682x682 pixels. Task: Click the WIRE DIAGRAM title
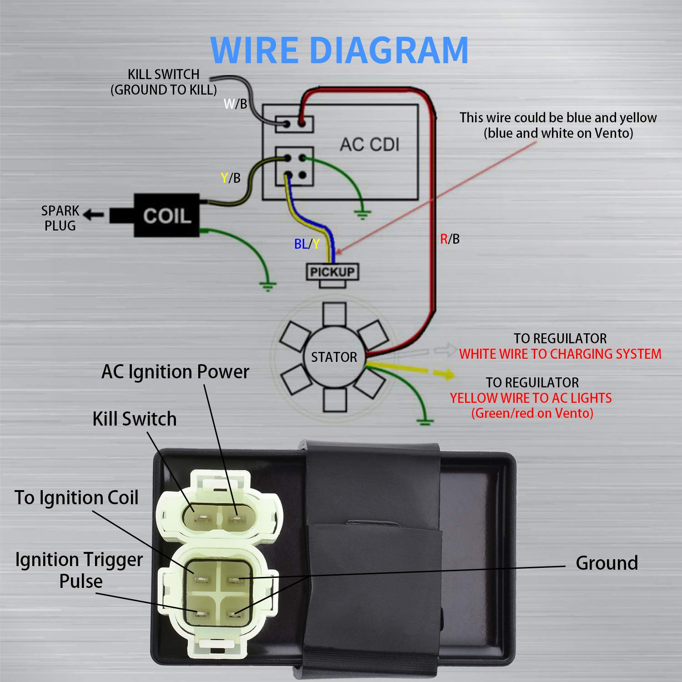tap(339, 50)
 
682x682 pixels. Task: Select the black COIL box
tap(166, 216)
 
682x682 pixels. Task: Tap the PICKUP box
tap(332, 272)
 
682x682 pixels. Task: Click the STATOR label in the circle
tap(334, 357)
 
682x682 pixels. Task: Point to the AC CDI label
tap(370, 145)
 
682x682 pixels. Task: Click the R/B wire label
tap(450, 239)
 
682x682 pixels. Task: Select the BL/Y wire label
tap(307, 244)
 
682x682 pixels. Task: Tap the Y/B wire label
tap(231, 178)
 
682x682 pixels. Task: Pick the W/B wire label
tap(235, 104)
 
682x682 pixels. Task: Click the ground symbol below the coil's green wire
tap(268, 286)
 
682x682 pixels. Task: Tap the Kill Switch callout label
tap(134, 419)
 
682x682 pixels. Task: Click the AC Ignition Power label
tap(175, 372)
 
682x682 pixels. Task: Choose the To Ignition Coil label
tap(76, 497)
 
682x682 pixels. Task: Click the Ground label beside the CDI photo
tap(607, 563)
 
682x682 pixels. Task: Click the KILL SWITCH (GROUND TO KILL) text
tap(164, 82)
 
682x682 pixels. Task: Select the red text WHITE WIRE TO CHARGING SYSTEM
tap(560, 354)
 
